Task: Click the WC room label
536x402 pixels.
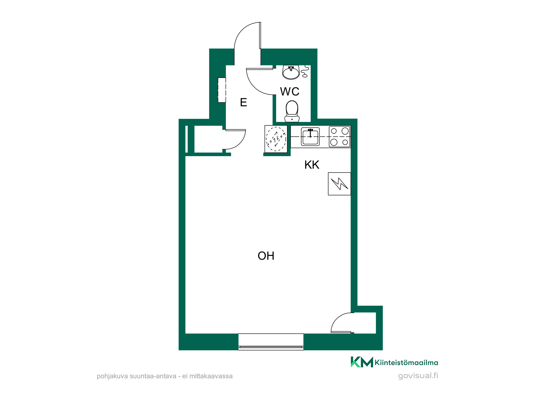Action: (290, 92)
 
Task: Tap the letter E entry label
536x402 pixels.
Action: (243, 102)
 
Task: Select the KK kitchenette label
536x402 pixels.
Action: (312, 165)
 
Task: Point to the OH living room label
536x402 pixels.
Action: (266, 256)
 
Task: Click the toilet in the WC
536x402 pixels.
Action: (292, 111)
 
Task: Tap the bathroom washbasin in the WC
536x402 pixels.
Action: (291, 73)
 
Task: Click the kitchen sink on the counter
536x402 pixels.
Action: (310, 137)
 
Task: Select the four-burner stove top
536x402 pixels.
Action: (340, 137)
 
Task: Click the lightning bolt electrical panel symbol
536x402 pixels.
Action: (339, 184)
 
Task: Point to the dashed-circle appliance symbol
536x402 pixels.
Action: (276, 139)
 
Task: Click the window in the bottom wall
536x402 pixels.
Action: (271, 342)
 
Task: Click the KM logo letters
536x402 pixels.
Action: (362, 362)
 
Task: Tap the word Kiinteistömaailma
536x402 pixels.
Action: (406, 363)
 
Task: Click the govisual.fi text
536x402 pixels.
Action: (418, 376)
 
